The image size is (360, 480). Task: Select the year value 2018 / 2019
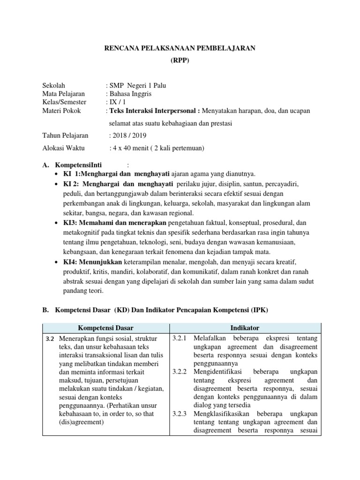click(x=128, y=136)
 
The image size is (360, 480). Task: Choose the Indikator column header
click(x=245, y=328)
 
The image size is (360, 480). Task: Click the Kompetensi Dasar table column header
click(x=105, y=328)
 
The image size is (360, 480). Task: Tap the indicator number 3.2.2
click(x=180, y=372)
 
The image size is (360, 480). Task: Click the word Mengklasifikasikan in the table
click(x=223, y=414)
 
